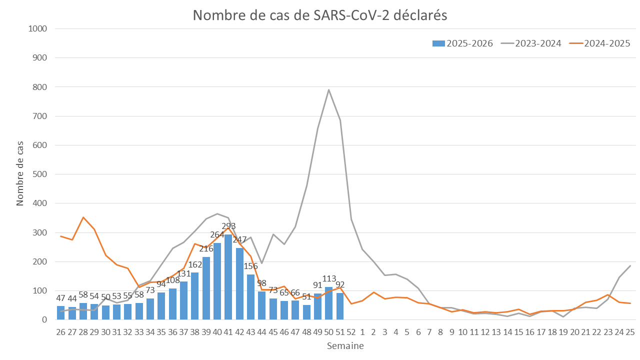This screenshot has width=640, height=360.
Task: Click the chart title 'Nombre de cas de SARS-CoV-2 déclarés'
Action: (x=320, y=15)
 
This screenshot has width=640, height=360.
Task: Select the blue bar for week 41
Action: (x=228, y=277)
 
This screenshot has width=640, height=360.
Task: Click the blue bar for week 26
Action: (x=61, y=313)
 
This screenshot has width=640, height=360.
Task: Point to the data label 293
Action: (x=228, y=226)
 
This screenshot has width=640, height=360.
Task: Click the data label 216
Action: (x=206, y=248)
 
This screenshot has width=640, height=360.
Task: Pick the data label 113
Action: (x=329, y=278)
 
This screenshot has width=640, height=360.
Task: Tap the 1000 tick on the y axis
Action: (x=38, y=29)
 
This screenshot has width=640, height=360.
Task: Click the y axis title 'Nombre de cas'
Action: (x=20, y=174)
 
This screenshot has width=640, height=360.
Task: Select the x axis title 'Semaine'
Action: (x=345, y=346)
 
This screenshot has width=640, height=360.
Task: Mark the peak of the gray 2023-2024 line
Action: (x=329, y=90)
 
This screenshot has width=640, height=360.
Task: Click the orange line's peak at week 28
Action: (x=83, y=217)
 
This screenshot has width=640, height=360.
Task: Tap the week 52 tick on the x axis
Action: (x=351, y=332)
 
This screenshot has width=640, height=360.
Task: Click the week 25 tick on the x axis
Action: (x=630, y=332)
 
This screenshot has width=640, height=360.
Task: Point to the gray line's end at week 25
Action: (x=630, y=265)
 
